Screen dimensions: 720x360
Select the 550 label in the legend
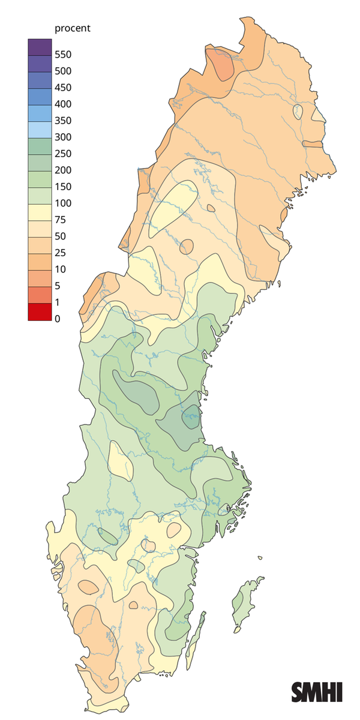tap(63, 55)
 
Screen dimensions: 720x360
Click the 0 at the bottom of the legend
tap(57, 319)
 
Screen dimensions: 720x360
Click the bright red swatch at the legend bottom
tap(38, 312)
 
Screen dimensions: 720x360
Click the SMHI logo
tap(317, 692)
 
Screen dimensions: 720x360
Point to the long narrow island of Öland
tap(194, 639)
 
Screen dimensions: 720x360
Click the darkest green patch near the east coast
tap(191, 415)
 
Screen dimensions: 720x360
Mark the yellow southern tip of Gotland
tap(237, 630)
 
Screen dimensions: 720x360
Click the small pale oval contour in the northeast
tap(296, 110)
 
